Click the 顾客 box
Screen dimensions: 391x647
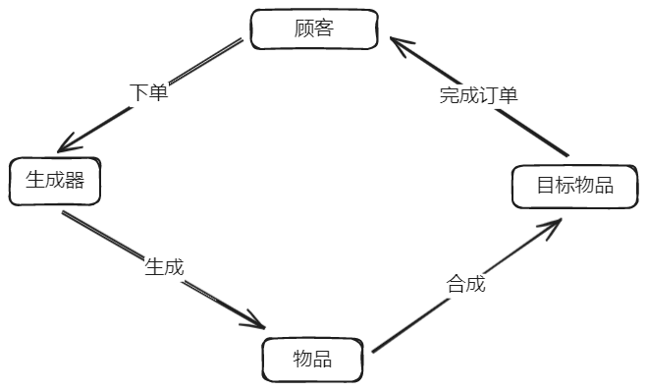(x=314, y=28)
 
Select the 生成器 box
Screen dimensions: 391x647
(x=55, y=181)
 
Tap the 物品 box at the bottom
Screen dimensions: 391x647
(x=312, y=359)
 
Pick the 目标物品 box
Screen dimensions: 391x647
(x=574, y=186)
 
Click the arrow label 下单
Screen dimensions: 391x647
(x=149, y=92)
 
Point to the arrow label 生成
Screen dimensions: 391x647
(x=164, y=265)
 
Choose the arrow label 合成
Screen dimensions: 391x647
(x=466, y=285)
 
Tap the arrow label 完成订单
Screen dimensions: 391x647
(x=478, y=95)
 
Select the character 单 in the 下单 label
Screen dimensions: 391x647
(x=159, y=92)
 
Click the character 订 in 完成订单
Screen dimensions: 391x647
(x=488, y=95)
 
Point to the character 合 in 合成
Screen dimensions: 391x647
(x=457, y=285)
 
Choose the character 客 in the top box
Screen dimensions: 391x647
(x=325, y=28)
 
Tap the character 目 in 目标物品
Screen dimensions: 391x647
(x=546, y=186)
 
